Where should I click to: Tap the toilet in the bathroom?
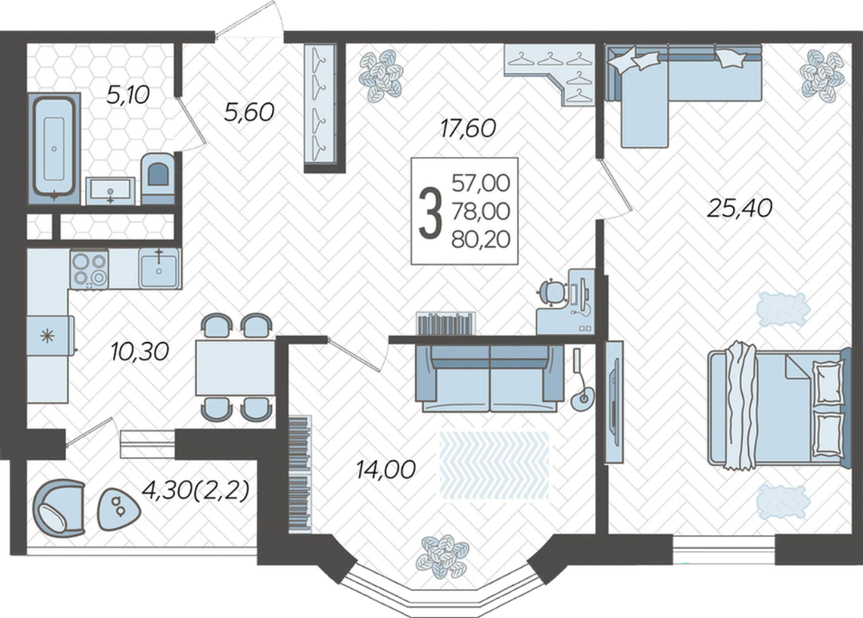[x=158, y=177]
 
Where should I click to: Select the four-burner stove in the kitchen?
[x=88, y=269]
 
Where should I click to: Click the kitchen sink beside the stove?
[x=158, y=268]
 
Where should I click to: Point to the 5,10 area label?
[x=128, y=96]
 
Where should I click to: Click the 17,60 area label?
[x=468, y=128]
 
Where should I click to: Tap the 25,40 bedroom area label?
[x=739, y=208]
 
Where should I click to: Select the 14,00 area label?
[x=386, y=470]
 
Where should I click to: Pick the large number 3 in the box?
[x=430, y=212]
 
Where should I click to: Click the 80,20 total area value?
[x=481, y=239]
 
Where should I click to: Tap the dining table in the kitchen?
[x=235, y=367]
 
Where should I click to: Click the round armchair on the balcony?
[x=59, y=507]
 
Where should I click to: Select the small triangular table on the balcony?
[x=118, y=509]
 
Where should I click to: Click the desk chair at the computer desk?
[x=552, y=292]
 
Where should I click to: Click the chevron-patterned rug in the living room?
[x=495, y=465]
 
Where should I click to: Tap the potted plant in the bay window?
[x=442, y=556]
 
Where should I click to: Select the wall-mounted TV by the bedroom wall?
[x=614, y=402]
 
